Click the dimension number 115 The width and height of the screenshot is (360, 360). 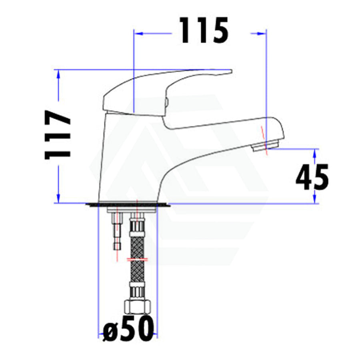click(x=204, y=30)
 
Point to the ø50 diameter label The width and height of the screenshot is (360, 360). click(x=128, y=328)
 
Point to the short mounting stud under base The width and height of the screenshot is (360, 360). click(x=117, y=232)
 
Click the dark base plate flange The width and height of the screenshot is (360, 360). click(x=128, y=205)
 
